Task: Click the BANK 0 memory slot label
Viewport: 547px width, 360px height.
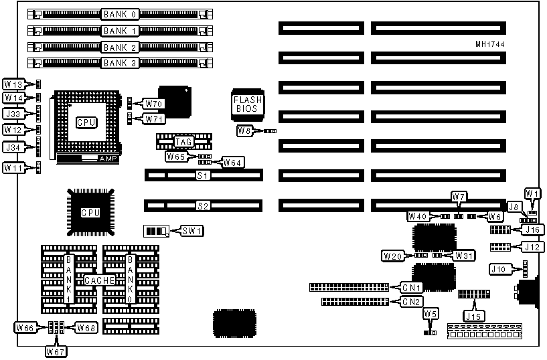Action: pyautogui.click(x=121, y=13)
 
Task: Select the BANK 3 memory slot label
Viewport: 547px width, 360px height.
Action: pyautogui.click(x=121, y=64)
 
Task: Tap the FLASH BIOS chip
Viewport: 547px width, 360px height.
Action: pyautogui.click(x=248, y=104)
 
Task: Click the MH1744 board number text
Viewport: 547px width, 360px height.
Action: pyautogui.click(x=489, y=44)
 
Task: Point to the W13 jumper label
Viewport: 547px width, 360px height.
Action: pyautogui.click(x=13, y=85)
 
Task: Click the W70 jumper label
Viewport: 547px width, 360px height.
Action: pyautogui.click(x=153, y=104)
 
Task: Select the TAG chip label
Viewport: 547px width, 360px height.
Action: pyautogui.click(x=183, y=141)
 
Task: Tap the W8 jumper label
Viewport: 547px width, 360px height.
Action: pyautogui.click(x=245, y=131)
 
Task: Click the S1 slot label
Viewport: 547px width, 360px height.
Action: pyautogui.click(x=203, y=175)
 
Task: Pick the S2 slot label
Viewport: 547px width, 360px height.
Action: pyautogui.click(x=203, y=206)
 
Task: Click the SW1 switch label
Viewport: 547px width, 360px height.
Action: pyautogui.click(x=193, y=231)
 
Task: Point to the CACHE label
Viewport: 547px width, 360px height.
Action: pyautogui.click(x=99, y=280)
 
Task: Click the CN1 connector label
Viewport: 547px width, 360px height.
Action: pyautogui.click(x=412, y=288)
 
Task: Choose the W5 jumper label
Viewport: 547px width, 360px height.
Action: pyautogui.click(x=431, y=314)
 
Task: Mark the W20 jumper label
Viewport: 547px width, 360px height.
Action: pyautogui.click(x=392, y=256)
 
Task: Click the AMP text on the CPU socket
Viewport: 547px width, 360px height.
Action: pyautogui.click(x=107, y=159)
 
